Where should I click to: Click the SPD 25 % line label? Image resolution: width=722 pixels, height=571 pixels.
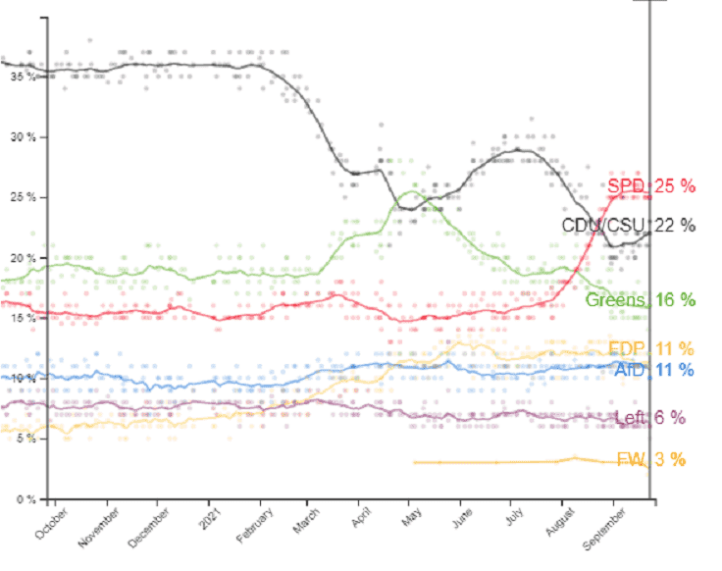[x=650, y=186]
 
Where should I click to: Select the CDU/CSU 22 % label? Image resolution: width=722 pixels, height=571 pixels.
[x=628, y=225]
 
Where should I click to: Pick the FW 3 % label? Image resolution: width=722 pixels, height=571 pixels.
[x=651, y=459]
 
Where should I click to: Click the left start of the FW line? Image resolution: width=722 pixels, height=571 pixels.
[x=415, y=462]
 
